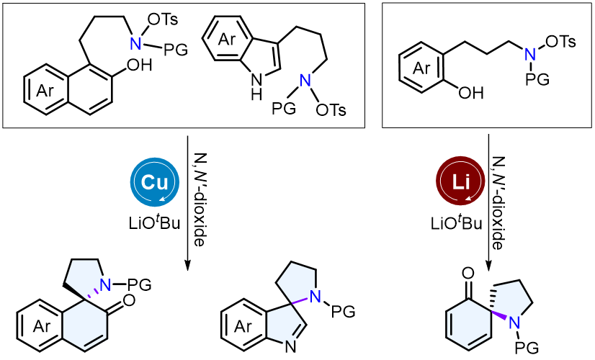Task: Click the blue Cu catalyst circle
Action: pyautogui.click(x=154, y=182)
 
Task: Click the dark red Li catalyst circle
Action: pyautogui.click(x=460, y=182)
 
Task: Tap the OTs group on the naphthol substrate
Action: pyautogui.click(x=163, y=19)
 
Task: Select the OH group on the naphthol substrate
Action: pyautogui.click(x=139, y=66)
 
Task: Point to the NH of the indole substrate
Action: pyautogui.click(x=257, y=86)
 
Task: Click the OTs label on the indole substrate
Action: pyautogui.click(x=331, y=110)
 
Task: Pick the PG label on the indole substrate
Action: pyautogui.click(x=284, y=109)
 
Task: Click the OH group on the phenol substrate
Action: pyautogui.click(x=471, y=93)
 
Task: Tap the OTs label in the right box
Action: pyautogui.click(x=561, y=41)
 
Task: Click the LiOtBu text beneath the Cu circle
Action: pyautogui.click(x=154, y=223)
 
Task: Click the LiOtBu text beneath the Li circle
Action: pyautogui.click(x=457, y=223)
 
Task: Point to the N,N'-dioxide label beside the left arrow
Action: pyautogui.click(x=200, y=199)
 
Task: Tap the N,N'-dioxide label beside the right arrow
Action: pyautogui.click(x=499, y=203)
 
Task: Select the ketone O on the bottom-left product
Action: pyautogui.click(x=129, y=301)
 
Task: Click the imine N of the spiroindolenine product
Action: pyautogui.click(x=291, y=346)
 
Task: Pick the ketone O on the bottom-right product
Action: pyautogui.click(x=468, y=273)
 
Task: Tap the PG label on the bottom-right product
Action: pyautogui.click(x=527, y=347)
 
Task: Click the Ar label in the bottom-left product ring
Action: pyautogui.click(x=42, y=326)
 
